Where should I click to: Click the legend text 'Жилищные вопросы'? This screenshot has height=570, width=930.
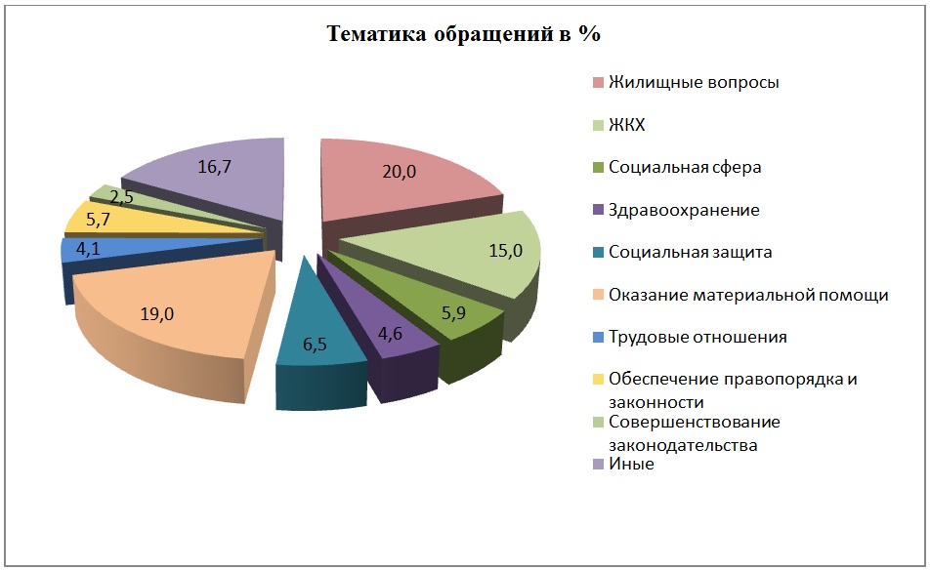click(x=694, y=82)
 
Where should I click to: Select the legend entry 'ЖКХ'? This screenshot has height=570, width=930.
click(x=626, y=125)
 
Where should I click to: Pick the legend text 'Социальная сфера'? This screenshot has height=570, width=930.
click(x=684, y=167)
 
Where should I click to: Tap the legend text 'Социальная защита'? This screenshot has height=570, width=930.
click(x=690, y=252)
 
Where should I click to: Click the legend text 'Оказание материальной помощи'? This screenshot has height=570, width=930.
click(x=747, y=295)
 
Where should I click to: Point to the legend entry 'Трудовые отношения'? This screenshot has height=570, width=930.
click(x=697, y=337)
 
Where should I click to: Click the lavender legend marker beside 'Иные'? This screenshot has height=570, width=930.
click(x=598, y=466)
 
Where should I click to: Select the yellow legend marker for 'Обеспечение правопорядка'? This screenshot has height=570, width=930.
click(x=598, y=380)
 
